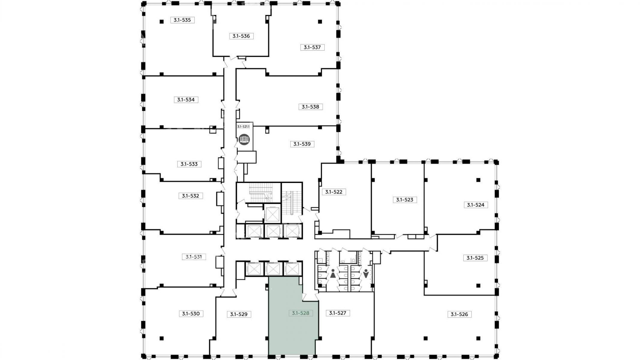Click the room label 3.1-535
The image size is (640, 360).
182,20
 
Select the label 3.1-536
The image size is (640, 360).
241,36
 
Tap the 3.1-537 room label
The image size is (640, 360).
312,47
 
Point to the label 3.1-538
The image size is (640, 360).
311,107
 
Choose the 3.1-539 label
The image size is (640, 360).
302,144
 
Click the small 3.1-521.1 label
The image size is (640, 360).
243,127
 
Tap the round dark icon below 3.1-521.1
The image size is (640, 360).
244,139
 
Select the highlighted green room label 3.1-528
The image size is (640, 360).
301,313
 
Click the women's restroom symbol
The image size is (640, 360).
333,274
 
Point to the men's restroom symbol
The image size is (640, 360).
366,274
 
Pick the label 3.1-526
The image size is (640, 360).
459,314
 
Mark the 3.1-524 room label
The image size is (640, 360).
476,205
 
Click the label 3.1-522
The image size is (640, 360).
334,192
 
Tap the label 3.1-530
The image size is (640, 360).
191,314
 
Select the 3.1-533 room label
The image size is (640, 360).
189,164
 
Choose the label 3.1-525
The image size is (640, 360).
476,258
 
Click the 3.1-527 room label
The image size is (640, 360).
338,313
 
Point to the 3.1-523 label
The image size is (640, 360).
405,199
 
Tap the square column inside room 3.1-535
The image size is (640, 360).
161,21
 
